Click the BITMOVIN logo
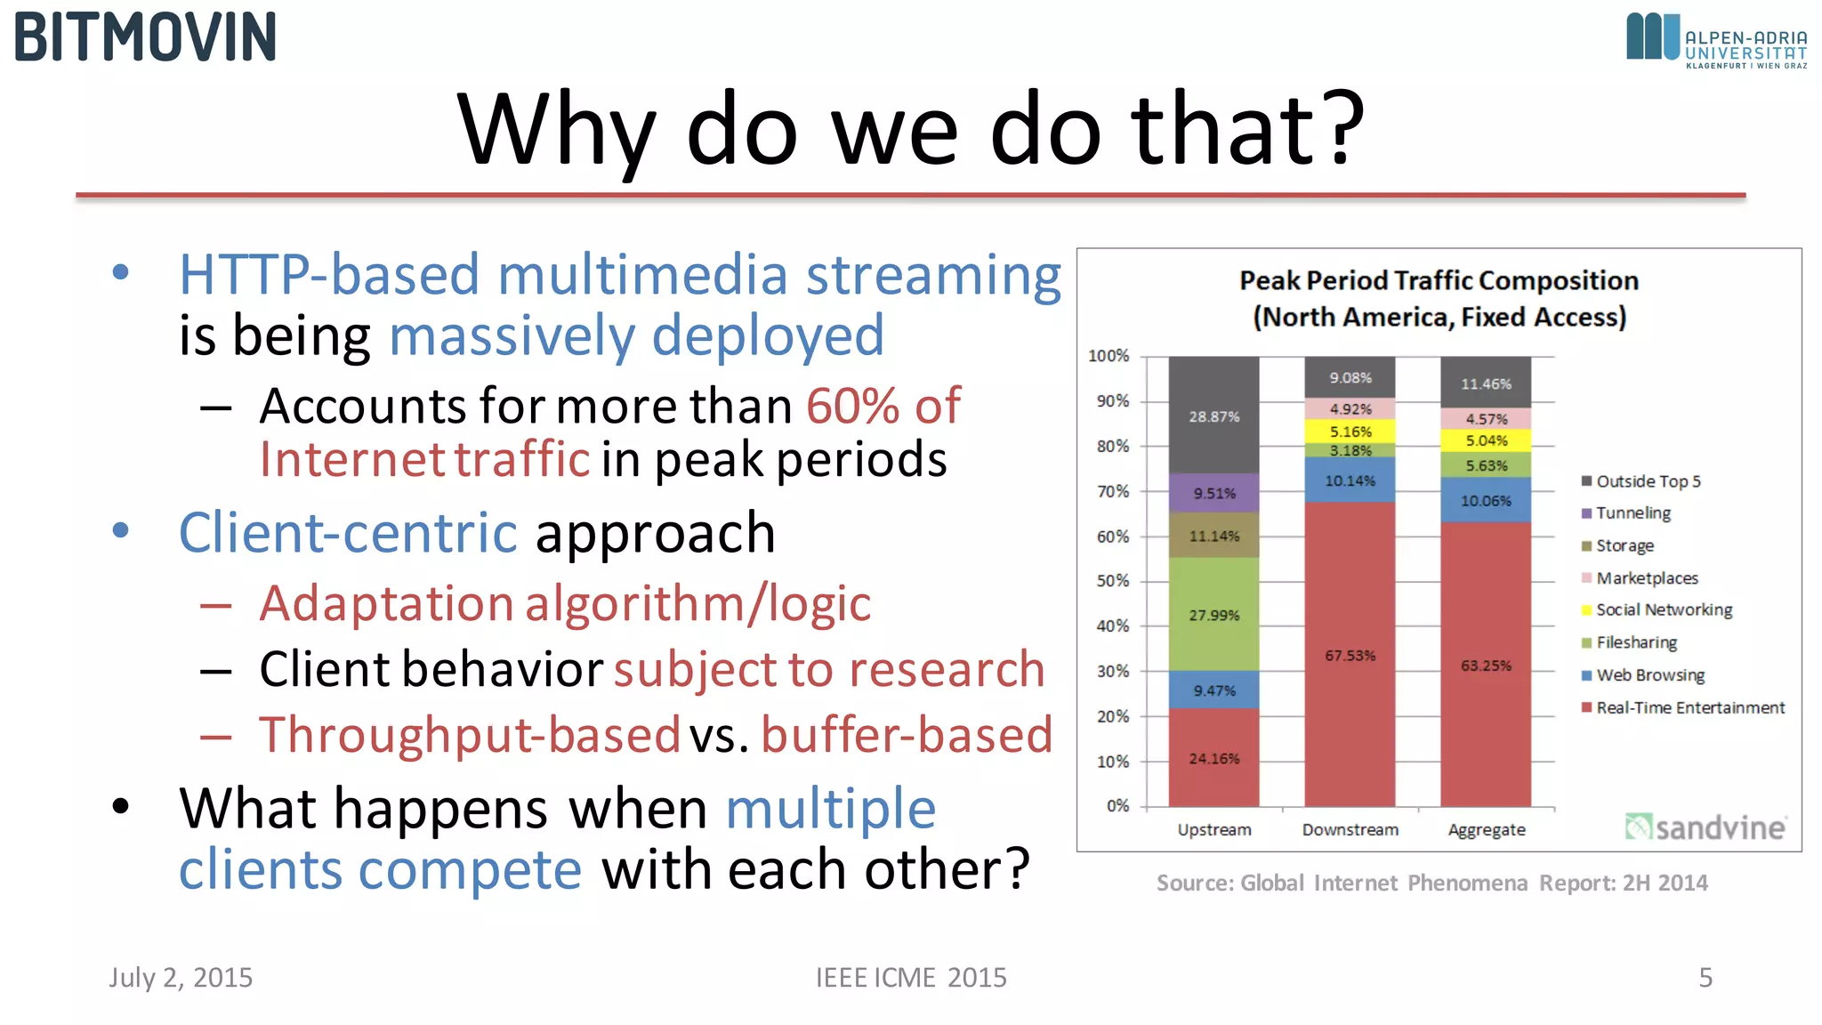[145, 37]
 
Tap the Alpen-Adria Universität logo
[1715, 40]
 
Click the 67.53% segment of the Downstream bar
[1350, 655]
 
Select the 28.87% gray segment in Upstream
[1213, 416]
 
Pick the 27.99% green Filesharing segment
[1213, 614]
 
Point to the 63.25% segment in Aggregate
[1486, 665]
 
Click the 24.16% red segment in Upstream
[1213, 758]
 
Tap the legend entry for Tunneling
[1633, 513]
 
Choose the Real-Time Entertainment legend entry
[1689, 707]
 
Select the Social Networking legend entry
[1663, 609]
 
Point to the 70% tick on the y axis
[1112, 491]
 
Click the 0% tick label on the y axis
[1117, 805]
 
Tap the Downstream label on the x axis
[1350, 829]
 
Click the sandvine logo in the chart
[1705, 827]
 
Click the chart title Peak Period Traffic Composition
[1439, 281]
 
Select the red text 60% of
[883, 406]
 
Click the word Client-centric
[348, 532]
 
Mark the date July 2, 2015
[181, 977]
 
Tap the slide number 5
[1705, 977]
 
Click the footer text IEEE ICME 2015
[911, 977]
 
